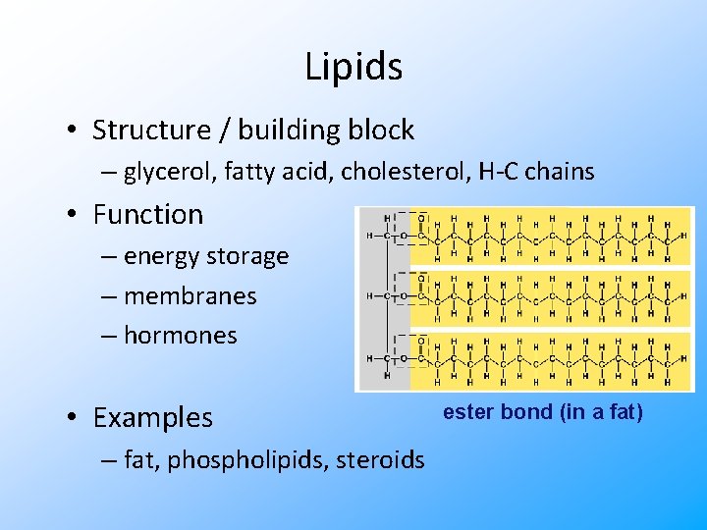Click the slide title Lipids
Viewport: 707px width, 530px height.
click(353, 67)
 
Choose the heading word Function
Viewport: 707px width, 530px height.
click(147, 214)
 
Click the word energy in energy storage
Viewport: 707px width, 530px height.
click(162, 256)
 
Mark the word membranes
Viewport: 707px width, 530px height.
click(190, 295)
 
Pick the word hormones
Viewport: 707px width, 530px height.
click(181, 335)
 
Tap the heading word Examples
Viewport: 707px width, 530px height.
click(152, 417)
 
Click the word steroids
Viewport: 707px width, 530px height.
click(383, 459)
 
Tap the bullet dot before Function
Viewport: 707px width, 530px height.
click(74, 214)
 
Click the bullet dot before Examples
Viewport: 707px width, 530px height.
click(74, 417)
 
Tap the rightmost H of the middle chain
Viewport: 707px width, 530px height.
click(682, 296)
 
